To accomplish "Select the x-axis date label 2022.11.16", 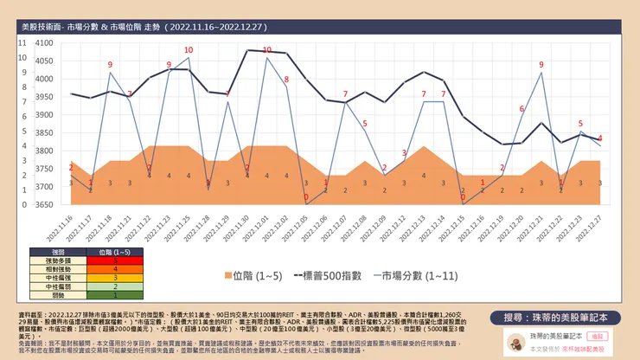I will pyautogui.click(x=65, y=227).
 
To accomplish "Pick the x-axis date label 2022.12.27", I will pyautogui.click(x=594, y=227).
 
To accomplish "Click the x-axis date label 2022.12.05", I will pyautogui.click(x=300, y=227).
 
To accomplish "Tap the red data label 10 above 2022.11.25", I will pyautogui.click(x=189, y=49).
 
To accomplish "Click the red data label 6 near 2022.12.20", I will pyautogui.click(x=522, y=109).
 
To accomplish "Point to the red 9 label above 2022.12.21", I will pyautogui.click(x=541, y=65).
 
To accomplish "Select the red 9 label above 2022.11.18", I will pyautogui.click(x=110, y=65).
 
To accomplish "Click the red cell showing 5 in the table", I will pyautogui.click(x=115, y=260).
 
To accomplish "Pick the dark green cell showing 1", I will pyautogui.click(x=115, y=295).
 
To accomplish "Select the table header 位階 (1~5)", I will pyautogui.click(x=115, y=251).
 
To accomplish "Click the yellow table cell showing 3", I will pyautogui.click(x=115, y=278).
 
